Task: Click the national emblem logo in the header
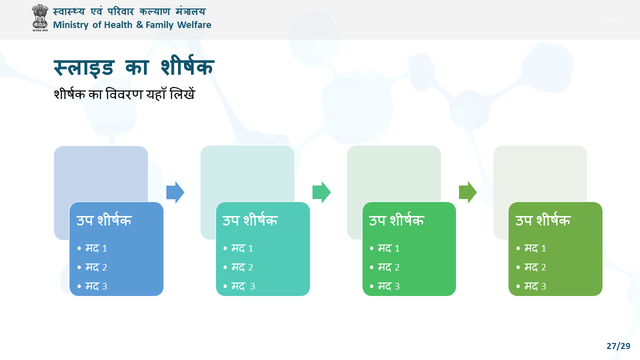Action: coord(40,17)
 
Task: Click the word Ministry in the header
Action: coord(71,25)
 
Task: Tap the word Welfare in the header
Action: coord(194,25)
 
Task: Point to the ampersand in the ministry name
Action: coord(139,25)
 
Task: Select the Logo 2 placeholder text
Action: coord(611,19)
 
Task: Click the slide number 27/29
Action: coord(618,346)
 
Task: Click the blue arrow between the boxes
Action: coord(175,192)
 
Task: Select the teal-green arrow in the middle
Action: coord(321,192)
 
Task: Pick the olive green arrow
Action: coord(468,192)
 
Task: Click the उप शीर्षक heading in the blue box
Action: coord(104,220)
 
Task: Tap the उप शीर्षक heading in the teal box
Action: coord(250,220)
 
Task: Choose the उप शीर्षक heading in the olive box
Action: coord(543,220)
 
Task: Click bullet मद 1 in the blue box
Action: coord(96,248)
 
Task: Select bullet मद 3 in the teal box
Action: coord(243,286)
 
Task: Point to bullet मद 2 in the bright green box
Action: coord(389,267)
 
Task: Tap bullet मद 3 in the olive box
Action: coord(535,286)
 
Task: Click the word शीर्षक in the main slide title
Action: coord(187,66)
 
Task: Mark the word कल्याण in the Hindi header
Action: coord(155,11)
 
